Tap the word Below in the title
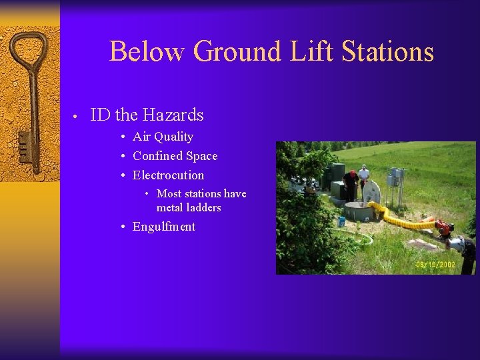point(148,51)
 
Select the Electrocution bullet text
point(168,175)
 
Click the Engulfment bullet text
point(164,227)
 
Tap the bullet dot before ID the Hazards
point(77,117)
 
